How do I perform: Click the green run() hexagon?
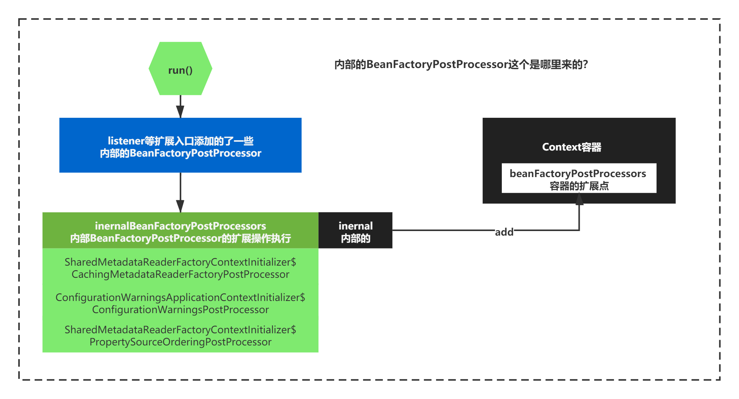point(181,68)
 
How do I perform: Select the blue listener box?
point(181,145)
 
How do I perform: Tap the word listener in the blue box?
point(126,141)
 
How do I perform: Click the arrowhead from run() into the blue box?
point(181,112)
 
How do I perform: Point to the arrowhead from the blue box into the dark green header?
point(181,206)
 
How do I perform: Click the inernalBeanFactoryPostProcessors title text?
point(181,226)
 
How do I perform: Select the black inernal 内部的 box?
point(355,230)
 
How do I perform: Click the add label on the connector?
point(504,232)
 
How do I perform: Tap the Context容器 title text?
point(572,147)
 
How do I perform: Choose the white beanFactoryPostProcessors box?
point(579,178)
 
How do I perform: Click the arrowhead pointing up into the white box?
point(579,199)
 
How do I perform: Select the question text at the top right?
point(461,65)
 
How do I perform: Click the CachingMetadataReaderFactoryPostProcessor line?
point(181,274)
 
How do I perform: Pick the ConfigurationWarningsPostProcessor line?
point(181,310)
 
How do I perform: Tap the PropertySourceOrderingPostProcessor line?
point(181,342)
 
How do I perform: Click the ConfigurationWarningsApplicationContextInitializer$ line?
point(181,298)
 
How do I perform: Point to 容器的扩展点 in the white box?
point(579,186)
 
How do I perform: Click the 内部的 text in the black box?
point(355,238)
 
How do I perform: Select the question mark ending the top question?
point(585,65)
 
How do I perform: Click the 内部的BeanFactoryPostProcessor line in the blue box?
point(181,153)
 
